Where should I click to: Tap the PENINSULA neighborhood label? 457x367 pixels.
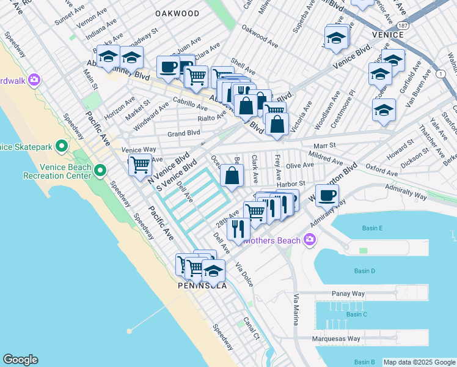[202, 286]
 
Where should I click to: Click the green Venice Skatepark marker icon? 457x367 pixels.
[62, 146]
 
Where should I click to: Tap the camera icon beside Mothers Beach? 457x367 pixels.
[310, 240]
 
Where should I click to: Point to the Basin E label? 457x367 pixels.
[371, 228]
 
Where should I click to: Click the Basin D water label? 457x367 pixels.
[364, 270]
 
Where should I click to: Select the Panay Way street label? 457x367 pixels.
[348, 294]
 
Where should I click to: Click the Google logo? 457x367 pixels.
[20, 360]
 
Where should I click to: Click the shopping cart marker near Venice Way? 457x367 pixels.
[140, 165]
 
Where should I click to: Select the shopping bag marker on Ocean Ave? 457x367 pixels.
[232, 176]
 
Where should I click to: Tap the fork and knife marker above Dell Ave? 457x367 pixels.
[238, 228]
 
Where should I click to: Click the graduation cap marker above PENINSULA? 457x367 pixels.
[214, 270]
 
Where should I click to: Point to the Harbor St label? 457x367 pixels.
[290, 183]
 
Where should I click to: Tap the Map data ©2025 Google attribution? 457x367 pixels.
[419, 362]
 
